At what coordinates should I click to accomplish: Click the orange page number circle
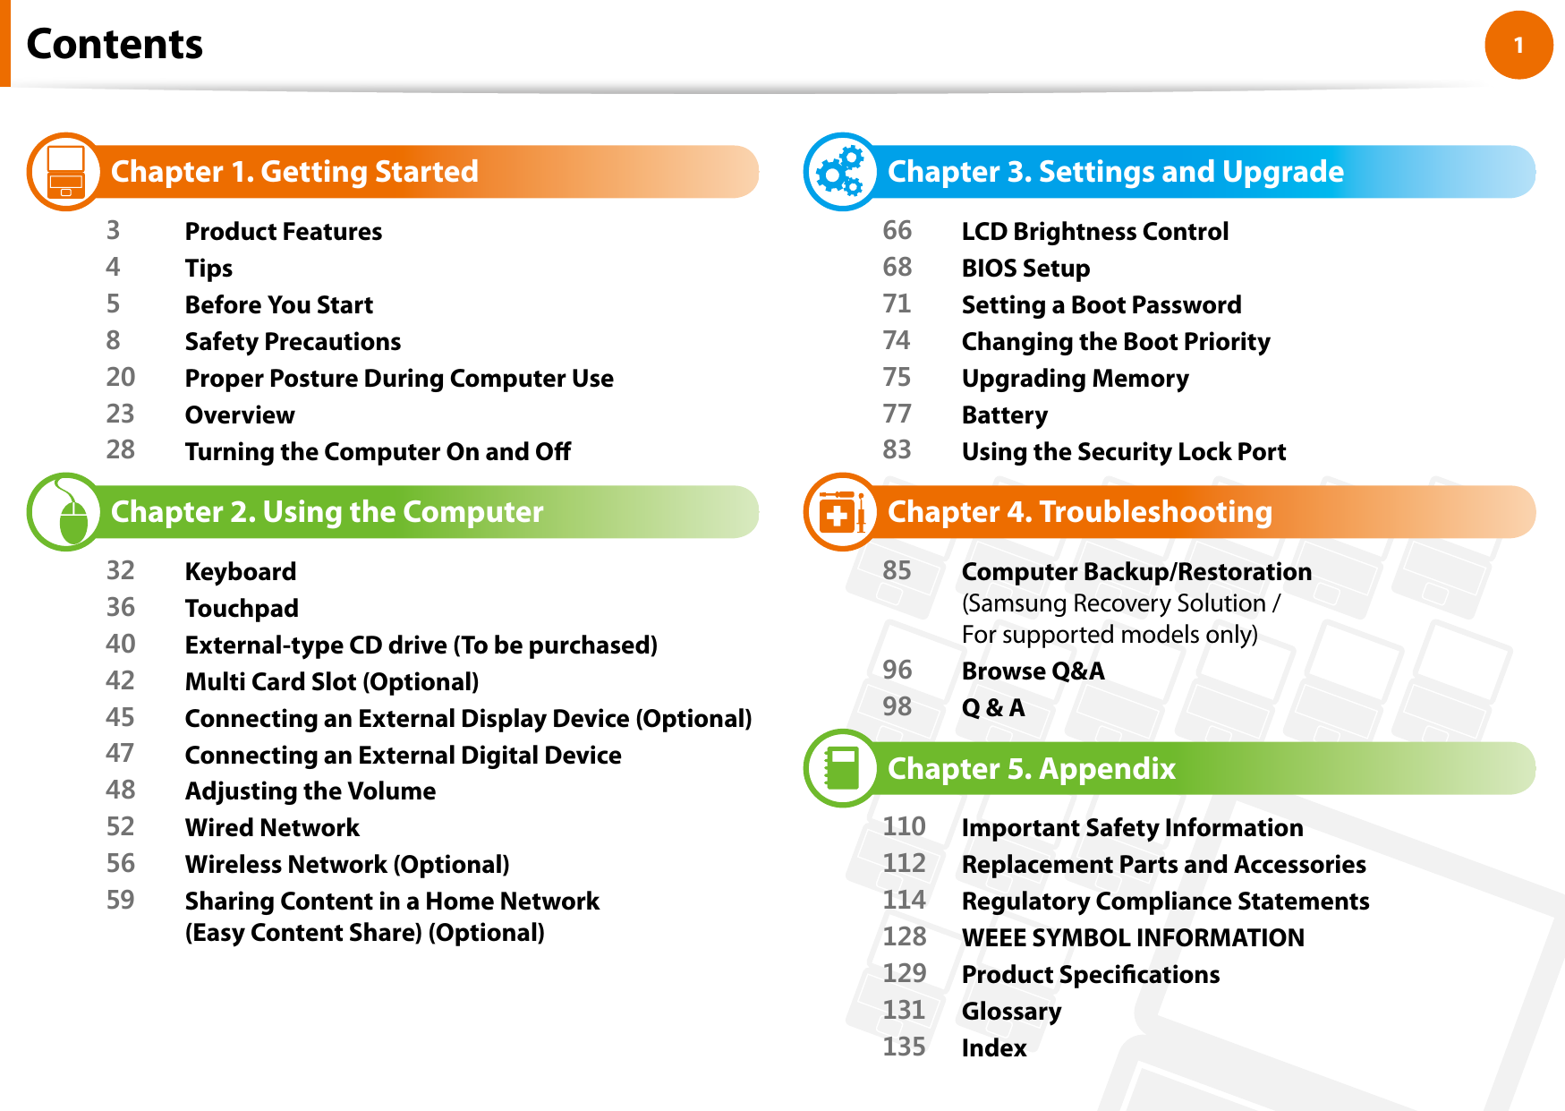(x=1518, y=45)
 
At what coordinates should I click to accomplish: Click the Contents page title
(x=115, y=44)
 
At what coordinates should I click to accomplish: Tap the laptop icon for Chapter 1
(x=66, y=172)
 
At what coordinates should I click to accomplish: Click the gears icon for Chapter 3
(x=842, y=172)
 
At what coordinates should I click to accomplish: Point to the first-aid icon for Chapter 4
(x=842, y=512)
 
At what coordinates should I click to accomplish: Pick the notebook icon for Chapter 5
(x=842, y=768)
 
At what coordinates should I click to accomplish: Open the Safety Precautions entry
(x=293, y=342)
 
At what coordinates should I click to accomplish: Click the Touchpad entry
(x=242, y=609)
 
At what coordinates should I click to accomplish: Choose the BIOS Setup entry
(x=1025, y=269)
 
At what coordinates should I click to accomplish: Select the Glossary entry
(x=1011, y=1012)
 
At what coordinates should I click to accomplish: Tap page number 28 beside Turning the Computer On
(x=121, y=449)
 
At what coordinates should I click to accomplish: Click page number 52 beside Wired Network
(x=121, y=826)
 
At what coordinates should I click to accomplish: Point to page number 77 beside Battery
(x=897, y=414)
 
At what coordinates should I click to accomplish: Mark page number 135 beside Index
(x=904, y=1047)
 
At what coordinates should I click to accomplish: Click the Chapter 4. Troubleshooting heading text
(x=1079, y=512)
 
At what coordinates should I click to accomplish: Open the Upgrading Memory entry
(x=1075, y=379)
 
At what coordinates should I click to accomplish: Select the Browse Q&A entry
(x=1033, y=671)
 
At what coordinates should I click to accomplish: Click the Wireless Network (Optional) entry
(x=347, y=865)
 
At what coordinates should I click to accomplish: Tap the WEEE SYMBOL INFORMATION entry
(x=1133, y=938)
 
